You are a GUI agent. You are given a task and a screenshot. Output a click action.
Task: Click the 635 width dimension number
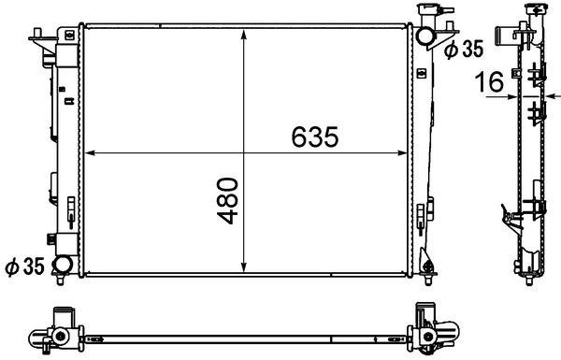pyautogui.click(x=312, y=137)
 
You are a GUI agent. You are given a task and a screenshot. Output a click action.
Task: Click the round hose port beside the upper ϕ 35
pyautogui.click(x=425, y=36)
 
